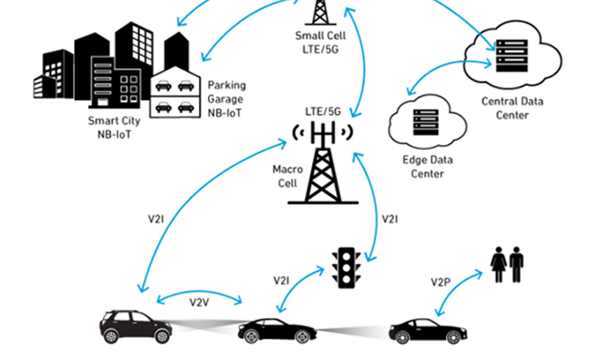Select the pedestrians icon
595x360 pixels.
(508, 265)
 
